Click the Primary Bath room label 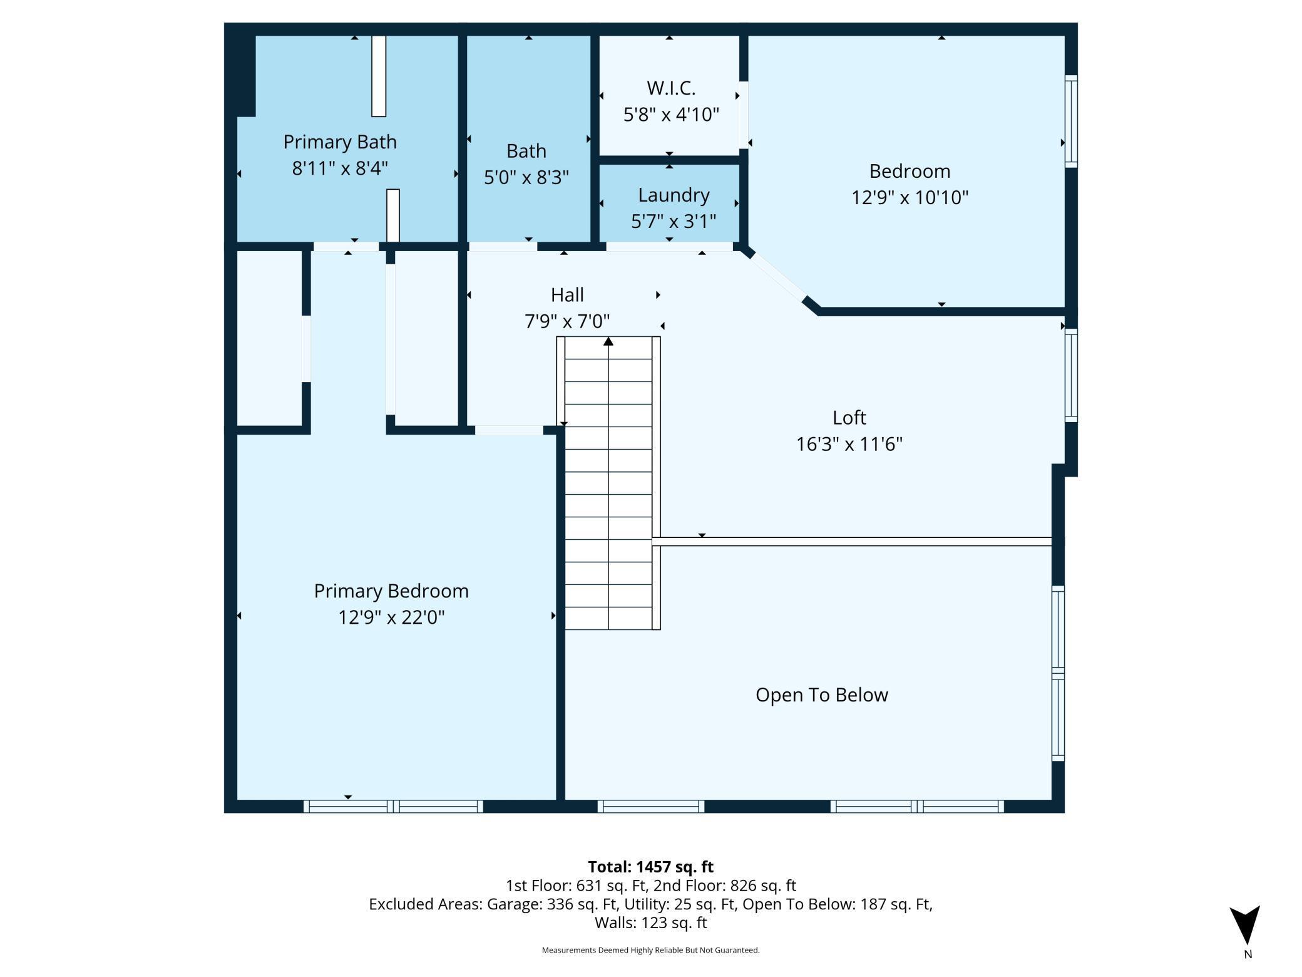pyautogui.click(x=340, y=142)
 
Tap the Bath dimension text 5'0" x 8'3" pyautogui.click(x=526, y=177)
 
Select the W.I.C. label pyautogui.click(x=671, y=88)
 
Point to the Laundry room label pyautogui.click(x=674, y=195)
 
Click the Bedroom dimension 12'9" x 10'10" pyautogui.click(x=910, y=198)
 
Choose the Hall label pyautogui.click(x=567, y=295)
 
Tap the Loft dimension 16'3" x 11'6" pyautogui.click(x=849, y=445)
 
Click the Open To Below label pyautogui.click(x=821, y=695)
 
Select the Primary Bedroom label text pyautogui.click(x=391, y=591)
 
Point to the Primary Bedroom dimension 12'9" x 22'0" pyautogui.click(x=391, y=618)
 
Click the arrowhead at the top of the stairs pyautogui.click(x=608, y=341)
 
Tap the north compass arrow pyautogui.click(x=1244, y=924)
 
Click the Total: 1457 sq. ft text pyautogui.click(x=650, y=867)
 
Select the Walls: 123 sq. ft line pyautogui.click(x=650, y=923)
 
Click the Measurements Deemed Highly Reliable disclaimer pyautogui.click(x=650, y=950)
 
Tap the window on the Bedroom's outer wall pyautogui.click(x=1071, y=121)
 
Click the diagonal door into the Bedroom pyautogui.click(x=776, y=277)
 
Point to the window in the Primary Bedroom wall pyautogui.click(x=393, y=806)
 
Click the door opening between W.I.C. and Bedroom pyautogui.click(x=744, y=115)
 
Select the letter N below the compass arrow pyautogui.click(x=1248, y=954)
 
